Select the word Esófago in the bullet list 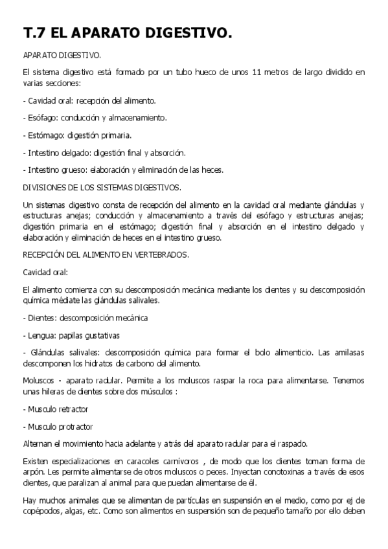point(42,118)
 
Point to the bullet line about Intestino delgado point(104,153)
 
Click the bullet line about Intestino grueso point(122,170)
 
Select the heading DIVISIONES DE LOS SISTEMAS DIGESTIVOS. point(102,187)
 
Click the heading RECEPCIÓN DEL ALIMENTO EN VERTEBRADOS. point(106,254)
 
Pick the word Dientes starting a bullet point(41,318)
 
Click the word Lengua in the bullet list point(41,335)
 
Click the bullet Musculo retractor point(58,409)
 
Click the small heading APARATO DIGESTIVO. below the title point(62,56)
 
